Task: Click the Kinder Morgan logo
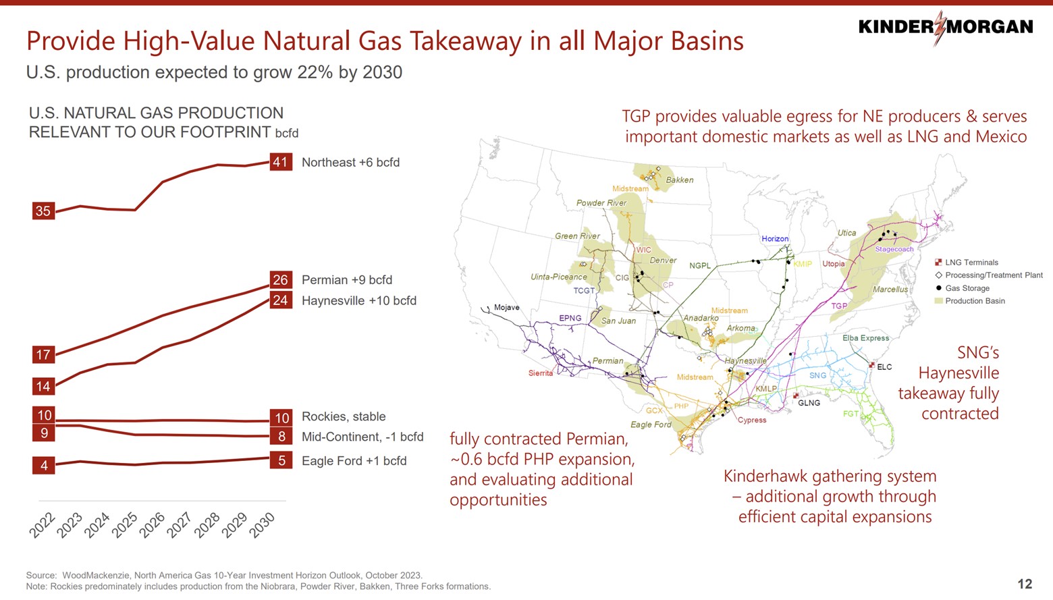point(945,27)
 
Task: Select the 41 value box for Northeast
point(280,162)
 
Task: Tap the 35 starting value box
point(43,211)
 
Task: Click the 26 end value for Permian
point(280,279)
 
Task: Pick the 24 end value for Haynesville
point(280,300)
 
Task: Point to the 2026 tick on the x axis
point(153,524)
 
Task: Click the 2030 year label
point(263,524)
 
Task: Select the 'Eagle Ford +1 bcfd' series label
point(354,461)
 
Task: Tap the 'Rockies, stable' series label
point(344,416)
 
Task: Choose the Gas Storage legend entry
point(967,288)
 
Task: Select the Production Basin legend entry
point(974,301)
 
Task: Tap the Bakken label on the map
point(679,180)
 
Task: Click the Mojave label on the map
point(506,308)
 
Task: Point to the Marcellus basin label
point(890,290)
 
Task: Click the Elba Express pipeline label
point(865,338)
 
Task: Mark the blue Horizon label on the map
point(775,239)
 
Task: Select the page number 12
point(1024,584)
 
